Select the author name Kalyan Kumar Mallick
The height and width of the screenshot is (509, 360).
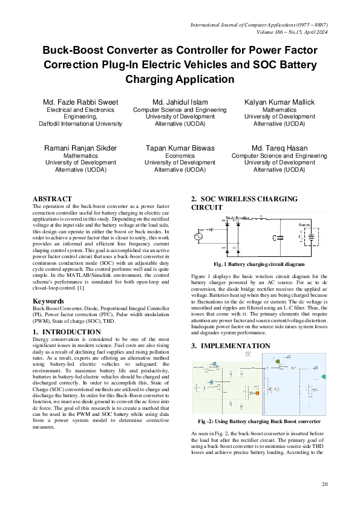coord(280,102)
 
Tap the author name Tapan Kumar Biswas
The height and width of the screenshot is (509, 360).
coord(180,148)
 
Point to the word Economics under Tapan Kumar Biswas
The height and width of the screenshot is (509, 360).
coord(180,155)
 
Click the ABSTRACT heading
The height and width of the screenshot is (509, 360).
coord(52,199)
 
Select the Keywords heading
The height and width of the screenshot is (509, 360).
coord(48,300)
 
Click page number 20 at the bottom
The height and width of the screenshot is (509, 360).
coord(324,484)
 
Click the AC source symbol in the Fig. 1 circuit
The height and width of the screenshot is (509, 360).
coord(197,237)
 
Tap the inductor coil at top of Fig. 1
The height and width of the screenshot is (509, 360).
coord(261,218)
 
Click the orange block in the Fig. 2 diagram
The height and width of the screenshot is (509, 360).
coord(257,394)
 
